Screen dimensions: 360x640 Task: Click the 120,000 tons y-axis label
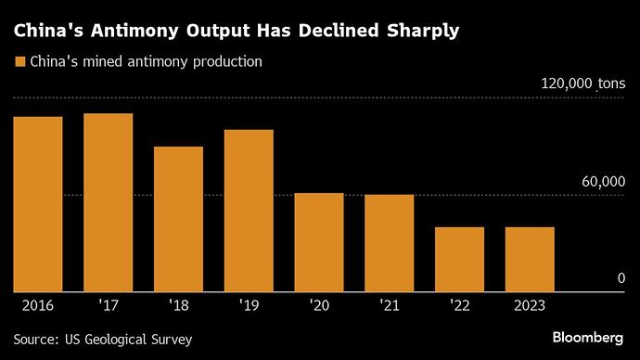point(583,84)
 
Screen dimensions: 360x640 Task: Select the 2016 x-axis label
point(38,305)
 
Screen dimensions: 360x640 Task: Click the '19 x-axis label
point(249,305)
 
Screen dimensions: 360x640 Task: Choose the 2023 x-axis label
point(530,305)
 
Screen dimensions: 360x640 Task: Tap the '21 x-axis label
point(389,305)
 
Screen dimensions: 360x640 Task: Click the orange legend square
point(19,62)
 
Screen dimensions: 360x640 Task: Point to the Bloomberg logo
point(587,336)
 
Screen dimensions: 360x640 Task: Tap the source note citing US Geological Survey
point(103,340)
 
